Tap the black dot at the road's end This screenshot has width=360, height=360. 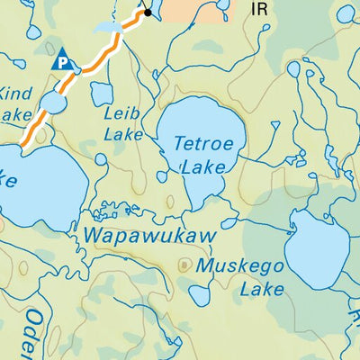point(148,13)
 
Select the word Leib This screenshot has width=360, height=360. point(122,114)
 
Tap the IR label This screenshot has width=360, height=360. point(260,10)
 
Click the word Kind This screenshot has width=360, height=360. point(16,94)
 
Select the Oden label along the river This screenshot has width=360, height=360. point(34,328)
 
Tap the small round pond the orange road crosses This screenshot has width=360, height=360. point(52,104)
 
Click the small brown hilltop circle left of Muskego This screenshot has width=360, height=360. point(184,265)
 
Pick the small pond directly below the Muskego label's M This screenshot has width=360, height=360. point(200,294)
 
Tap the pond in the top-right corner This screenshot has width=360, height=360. point(346,13)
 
